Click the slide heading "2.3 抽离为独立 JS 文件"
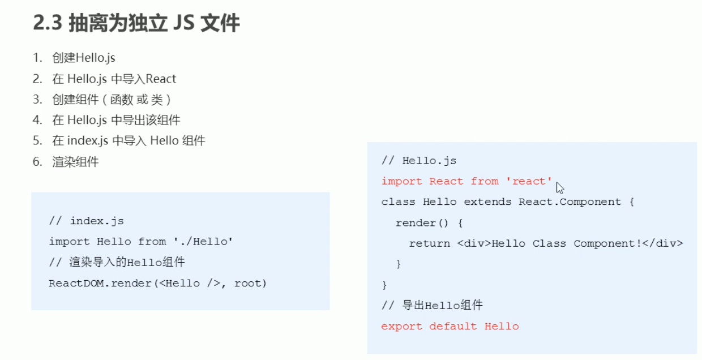[x=136, y=24]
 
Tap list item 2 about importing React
[x=114, y=79]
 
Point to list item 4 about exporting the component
[x=116, y=120]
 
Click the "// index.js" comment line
[x=86, y=221]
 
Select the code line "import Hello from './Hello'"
[x=142, y=242]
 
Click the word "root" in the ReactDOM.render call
[x=250, y=283]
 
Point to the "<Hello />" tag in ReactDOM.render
[x=190, y=283]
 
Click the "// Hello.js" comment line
[x=419, y=161]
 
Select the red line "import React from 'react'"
[x=466, y=181]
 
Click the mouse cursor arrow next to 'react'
[x=560, y=187]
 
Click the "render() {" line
[x=429, y=223]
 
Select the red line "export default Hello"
[x=450, y=326]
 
